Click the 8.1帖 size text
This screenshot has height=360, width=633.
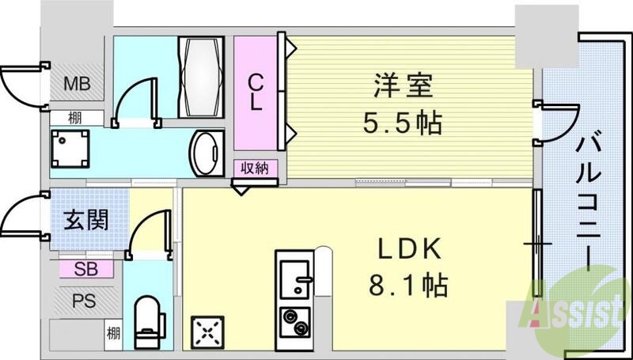click(408, 283)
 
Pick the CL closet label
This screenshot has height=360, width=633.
click(256, 93)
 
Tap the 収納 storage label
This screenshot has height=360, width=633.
click(255, 168)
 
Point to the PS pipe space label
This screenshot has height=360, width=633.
click(82, 301)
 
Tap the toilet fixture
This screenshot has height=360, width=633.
click(148, 321)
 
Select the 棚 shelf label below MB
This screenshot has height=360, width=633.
click(74, 119)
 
